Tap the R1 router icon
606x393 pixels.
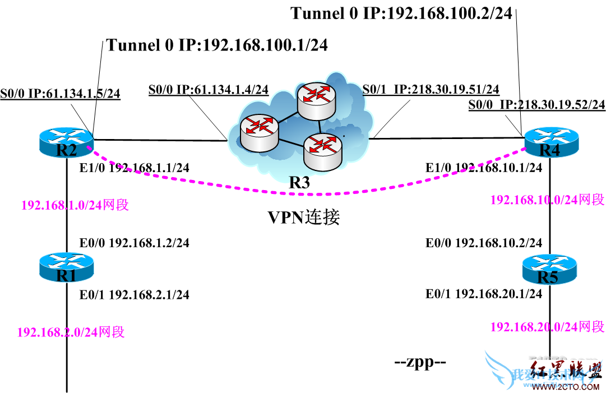(x=66, y=267)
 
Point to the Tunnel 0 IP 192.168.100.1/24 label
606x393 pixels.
(x=217, y=45)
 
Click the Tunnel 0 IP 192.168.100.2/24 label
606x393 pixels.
(x=401, y=13)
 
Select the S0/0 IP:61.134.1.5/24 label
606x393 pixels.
(x=61, y=93)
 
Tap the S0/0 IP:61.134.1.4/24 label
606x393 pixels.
(x=208, y=90)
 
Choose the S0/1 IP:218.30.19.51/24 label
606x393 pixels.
(x=431, y=90)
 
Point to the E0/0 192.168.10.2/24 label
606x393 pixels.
(x=484, y=243)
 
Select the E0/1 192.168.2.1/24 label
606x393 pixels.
(x=135, y=294)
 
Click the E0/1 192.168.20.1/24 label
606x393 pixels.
(x=484, y=293)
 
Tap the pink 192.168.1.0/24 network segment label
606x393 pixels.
(x=75, y=205)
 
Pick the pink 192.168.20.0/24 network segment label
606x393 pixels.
(x=547, y=327)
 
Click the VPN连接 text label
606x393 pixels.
(x=303, y=218)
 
